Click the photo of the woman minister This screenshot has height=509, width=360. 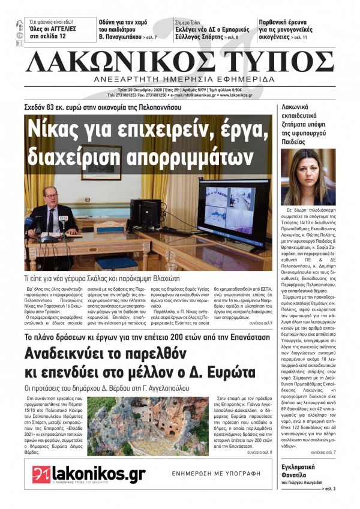(308, 177)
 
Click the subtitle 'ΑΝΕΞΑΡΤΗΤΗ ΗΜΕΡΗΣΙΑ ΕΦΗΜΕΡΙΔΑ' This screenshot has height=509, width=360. (180, 79)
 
